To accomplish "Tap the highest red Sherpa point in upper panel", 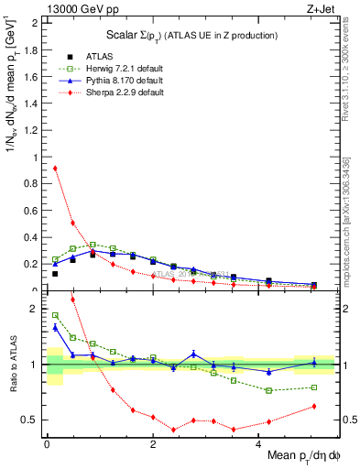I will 55,168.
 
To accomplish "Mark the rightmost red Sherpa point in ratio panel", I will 314,406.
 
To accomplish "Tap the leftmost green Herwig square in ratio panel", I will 55,315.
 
